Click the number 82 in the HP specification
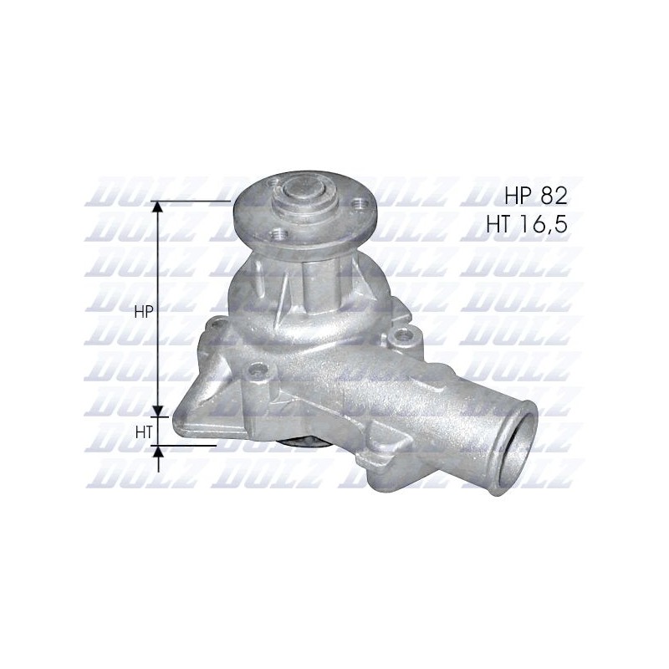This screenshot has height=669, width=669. coord(554,197)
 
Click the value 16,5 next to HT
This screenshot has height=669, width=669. coord(543,224)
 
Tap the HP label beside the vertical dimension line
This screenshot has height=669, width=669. coord(143,312)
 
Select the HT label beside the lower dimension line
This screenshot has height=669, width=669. coord(144,433)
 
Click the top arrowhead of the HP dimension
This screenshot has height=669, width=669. coord(158,207)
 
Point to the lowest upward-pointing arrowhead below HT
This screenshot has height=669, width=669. coord(158,452)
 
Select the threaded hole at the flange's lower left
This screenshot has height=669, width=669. coord(279,233)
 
